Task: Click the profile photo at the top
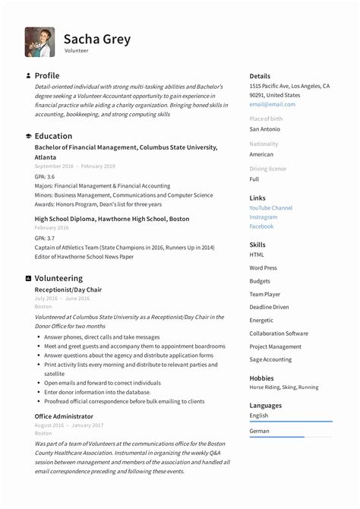pos(39,43)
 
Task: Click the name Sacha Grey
pos(97,39)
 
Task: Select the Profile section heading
pos(46,76)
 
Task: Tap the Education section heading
pos(53,136)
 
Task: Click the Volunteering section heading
pos(58,278)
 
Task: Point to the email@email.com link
pos(272,105)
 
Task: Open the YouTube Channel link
pos(270,208)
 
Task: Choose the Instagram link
pos(263,217)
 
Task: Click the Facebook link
pos(261,226)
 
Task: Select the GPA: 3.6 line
pos(45,176)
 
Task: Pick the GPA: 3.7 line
pos(45,238)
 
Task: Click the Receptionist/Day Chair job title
pos(68,289)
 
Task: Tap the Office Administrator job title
pos(64,416)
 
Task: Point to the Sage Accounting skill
pos(270,359)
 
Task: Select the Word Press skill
pos(263,268)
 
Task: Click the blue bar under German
pos(276,437)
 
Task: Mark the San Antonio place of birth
pos(264,129)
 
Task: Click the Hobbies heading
pos(261,378)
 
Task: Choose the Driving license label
pos(267,169)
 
